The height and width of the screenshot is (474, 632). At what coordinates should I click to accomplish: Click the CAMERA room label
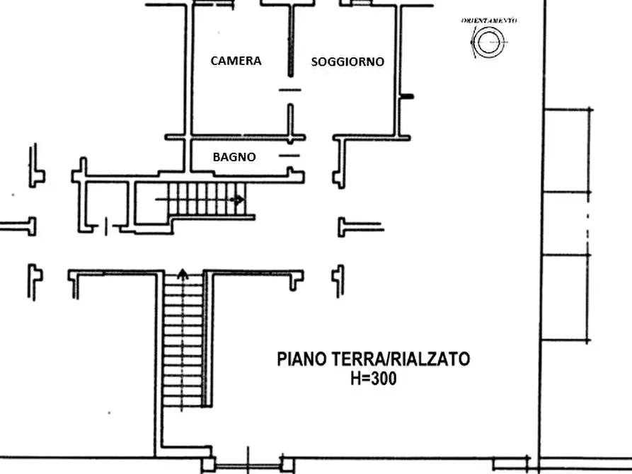coord(236,61)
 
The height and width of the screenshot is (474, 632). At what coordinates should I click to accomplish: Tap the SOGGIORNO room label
coord(347,62)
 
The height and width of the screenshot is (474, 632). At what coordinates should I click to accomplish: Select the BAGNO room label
coord(234,157)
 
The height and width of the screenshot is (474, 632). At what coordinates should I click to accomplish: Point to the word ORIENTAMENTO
coord(489,21)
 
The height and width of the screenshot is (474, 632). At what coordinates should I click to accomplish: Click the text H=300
coord(373,379)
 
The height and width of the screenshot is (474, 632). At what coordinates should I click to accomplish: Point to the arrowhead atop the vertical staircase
coord(183,273)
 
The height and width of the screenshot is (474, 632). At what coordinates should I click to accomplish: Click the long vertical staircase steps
coord(183,340)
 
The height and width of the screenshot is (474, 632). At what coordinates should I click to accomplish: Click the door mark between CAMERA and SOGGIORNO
coord(289,90)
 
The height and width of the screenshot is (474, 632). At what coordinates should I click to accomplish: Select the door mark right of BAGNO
coord(289,154)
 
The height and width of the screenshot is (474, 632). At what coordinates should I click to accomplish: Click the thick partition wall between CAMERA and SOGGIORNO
coord(289,42)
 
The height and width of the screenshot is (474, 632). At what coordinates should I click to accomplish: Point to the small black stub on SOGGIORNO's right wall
coord(407,96)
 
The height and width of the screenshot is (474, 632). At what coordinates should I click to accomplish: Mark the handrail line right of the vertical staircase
coord(206,340)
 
